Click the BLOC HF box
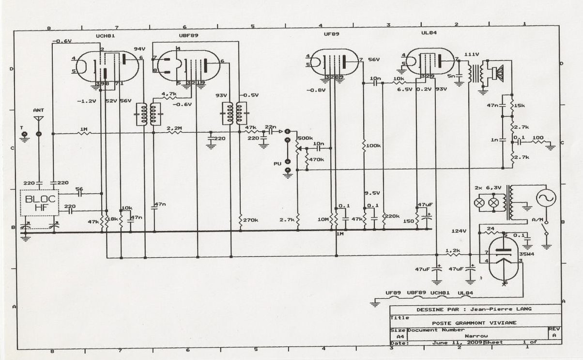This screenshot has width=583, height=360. coord(39,203)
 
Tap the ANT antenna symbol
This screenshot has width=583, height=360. coord(39,118)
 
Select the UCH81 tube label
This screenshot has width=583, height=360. coord(106,36)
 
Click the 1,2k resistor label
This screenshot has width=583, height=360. coord(452,250)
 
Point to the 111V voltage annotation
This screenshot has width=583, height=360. coord(472,54)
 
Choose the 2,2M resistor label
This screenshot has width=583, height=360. coord(174,128)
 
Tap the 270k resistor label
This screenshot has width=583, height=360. coord(250,220)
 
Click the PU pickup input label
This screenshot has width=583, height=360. coord(277,164)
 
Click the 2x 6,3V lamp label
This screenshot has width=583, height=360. coord(486,187)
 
